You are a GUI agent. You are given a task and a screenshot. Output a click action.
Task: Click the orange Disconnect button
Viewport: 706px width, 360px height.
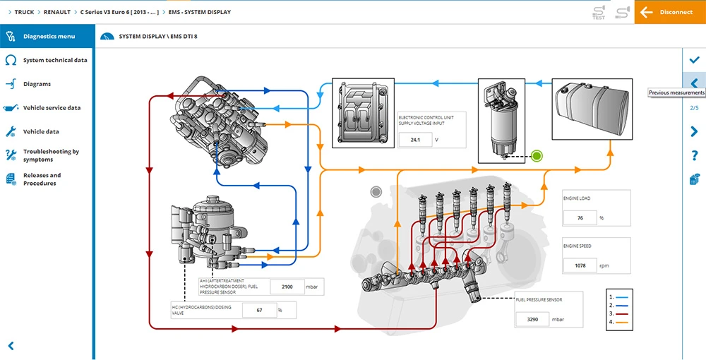(669, 12)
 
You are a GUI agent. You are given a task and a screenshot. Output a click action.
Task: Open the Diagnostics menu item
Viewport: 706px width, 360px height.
(48, 36)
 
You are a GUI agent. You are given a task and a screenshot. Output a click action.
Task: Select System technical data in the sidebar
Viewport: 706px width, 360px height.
(54, 60)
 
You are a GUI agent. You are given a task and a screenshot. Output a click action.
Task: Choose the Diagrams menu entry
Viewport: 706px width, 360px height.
(37, 84)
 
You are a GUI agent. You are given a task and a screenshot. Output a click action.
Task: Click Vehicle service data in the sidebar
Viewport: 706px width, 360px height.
(52, 108)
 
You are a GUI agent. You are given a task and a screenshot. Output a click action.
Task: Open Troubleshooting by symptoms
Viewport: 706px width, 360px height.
(51, 155)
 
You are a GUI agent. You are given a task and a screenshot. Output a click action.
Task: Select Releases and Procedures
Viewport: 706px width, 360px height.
(42, 179)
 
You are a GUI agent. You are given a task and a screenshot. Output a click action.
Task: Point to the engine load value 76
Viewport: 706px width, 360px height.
(580, 218)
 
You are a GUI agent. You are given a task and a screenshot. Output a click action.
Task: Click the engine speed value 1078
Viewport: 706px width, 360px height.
(580, 266)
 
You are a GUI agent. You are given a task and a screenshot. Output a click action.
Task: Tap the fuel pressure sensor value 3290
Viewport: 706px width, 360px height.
(532, 320)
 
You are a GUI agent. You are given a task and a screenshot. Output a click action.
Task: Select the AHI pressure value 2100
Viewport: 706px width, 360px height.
(287, 287)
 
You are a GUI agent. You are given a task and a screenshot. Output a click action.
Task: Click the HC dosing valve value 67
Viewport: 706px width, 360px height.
(259, 310)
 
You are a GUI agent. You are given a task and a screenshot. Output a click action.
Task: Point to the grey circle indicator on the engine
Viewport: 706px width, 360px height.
(376, 191)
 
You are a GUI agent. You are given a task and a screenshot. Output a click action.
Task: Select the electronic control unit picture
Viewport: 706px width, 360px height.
(361, 113)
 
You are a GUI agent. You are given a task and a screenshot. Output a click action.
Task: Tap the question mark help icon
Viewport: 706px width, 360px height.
(694, 155)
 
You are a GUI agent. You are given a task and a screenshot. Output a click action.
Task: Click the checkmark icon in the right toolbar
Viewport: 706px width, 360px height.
(694, 60)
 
